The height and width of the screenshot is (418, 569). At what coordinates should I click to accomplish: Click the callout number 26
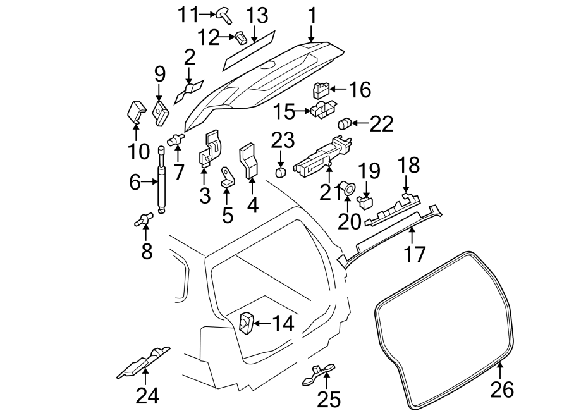click(502, 390)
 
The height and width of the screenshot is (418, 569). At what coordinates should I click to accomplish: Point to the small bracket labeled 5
click(227, 178)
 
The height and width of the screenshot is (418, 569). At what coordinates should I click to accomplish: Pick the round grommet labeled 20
click(348, 187)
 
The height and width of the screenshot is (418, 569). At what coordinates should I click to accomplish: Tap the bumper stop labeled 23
click(281, 173)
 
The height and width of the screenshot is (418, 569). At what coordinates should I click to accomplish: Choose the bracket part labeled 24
click(144, 366)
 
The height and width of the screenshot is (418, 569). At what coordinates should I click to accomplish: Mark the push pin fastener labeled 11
click(223, 13)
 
